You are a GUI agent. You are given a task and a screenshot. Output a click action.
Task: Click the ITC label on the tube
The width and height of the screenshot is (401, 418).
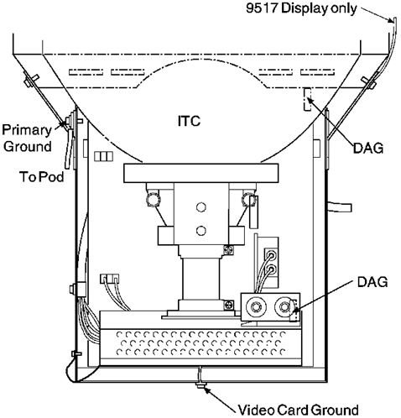click(x=189, y=121)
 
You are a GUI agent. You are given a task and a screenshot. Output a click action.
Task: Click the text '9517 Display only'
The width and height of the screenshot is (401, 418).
click(x=301, y=8)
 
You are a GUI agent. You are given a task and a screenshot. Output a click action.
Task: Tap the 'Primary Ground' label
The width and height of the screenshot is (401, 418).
click(x=27, y=138)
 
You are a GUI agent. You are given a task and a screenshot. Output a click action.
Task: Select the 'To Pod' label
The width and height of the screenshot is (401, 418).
click(x=42, y=177)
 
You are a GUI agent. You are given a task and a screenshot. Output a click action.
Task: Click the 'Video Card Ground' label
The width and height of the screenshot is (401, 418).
click(x=298, y=410)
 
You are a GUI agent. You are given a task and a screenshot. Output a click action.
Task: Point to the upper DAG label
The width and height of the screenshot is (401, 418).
click(x=368, y=148)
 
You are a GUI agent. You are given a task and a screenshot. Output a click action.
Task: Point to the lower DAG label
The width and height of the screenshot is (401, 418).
click(x=372, y=282)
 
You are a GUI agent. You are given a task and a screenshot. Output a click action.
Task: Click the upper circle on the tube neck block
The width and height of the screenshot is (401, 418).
click(x=201, y=207)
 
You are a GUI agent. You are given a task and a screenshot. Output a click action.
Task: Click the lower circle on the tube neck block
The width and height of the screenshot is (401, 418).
click(x=201, y=231)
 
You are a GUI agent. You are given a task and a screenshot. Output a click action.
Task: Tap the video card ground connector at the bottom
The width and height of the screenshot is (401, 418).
click(x=200, y=385)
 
